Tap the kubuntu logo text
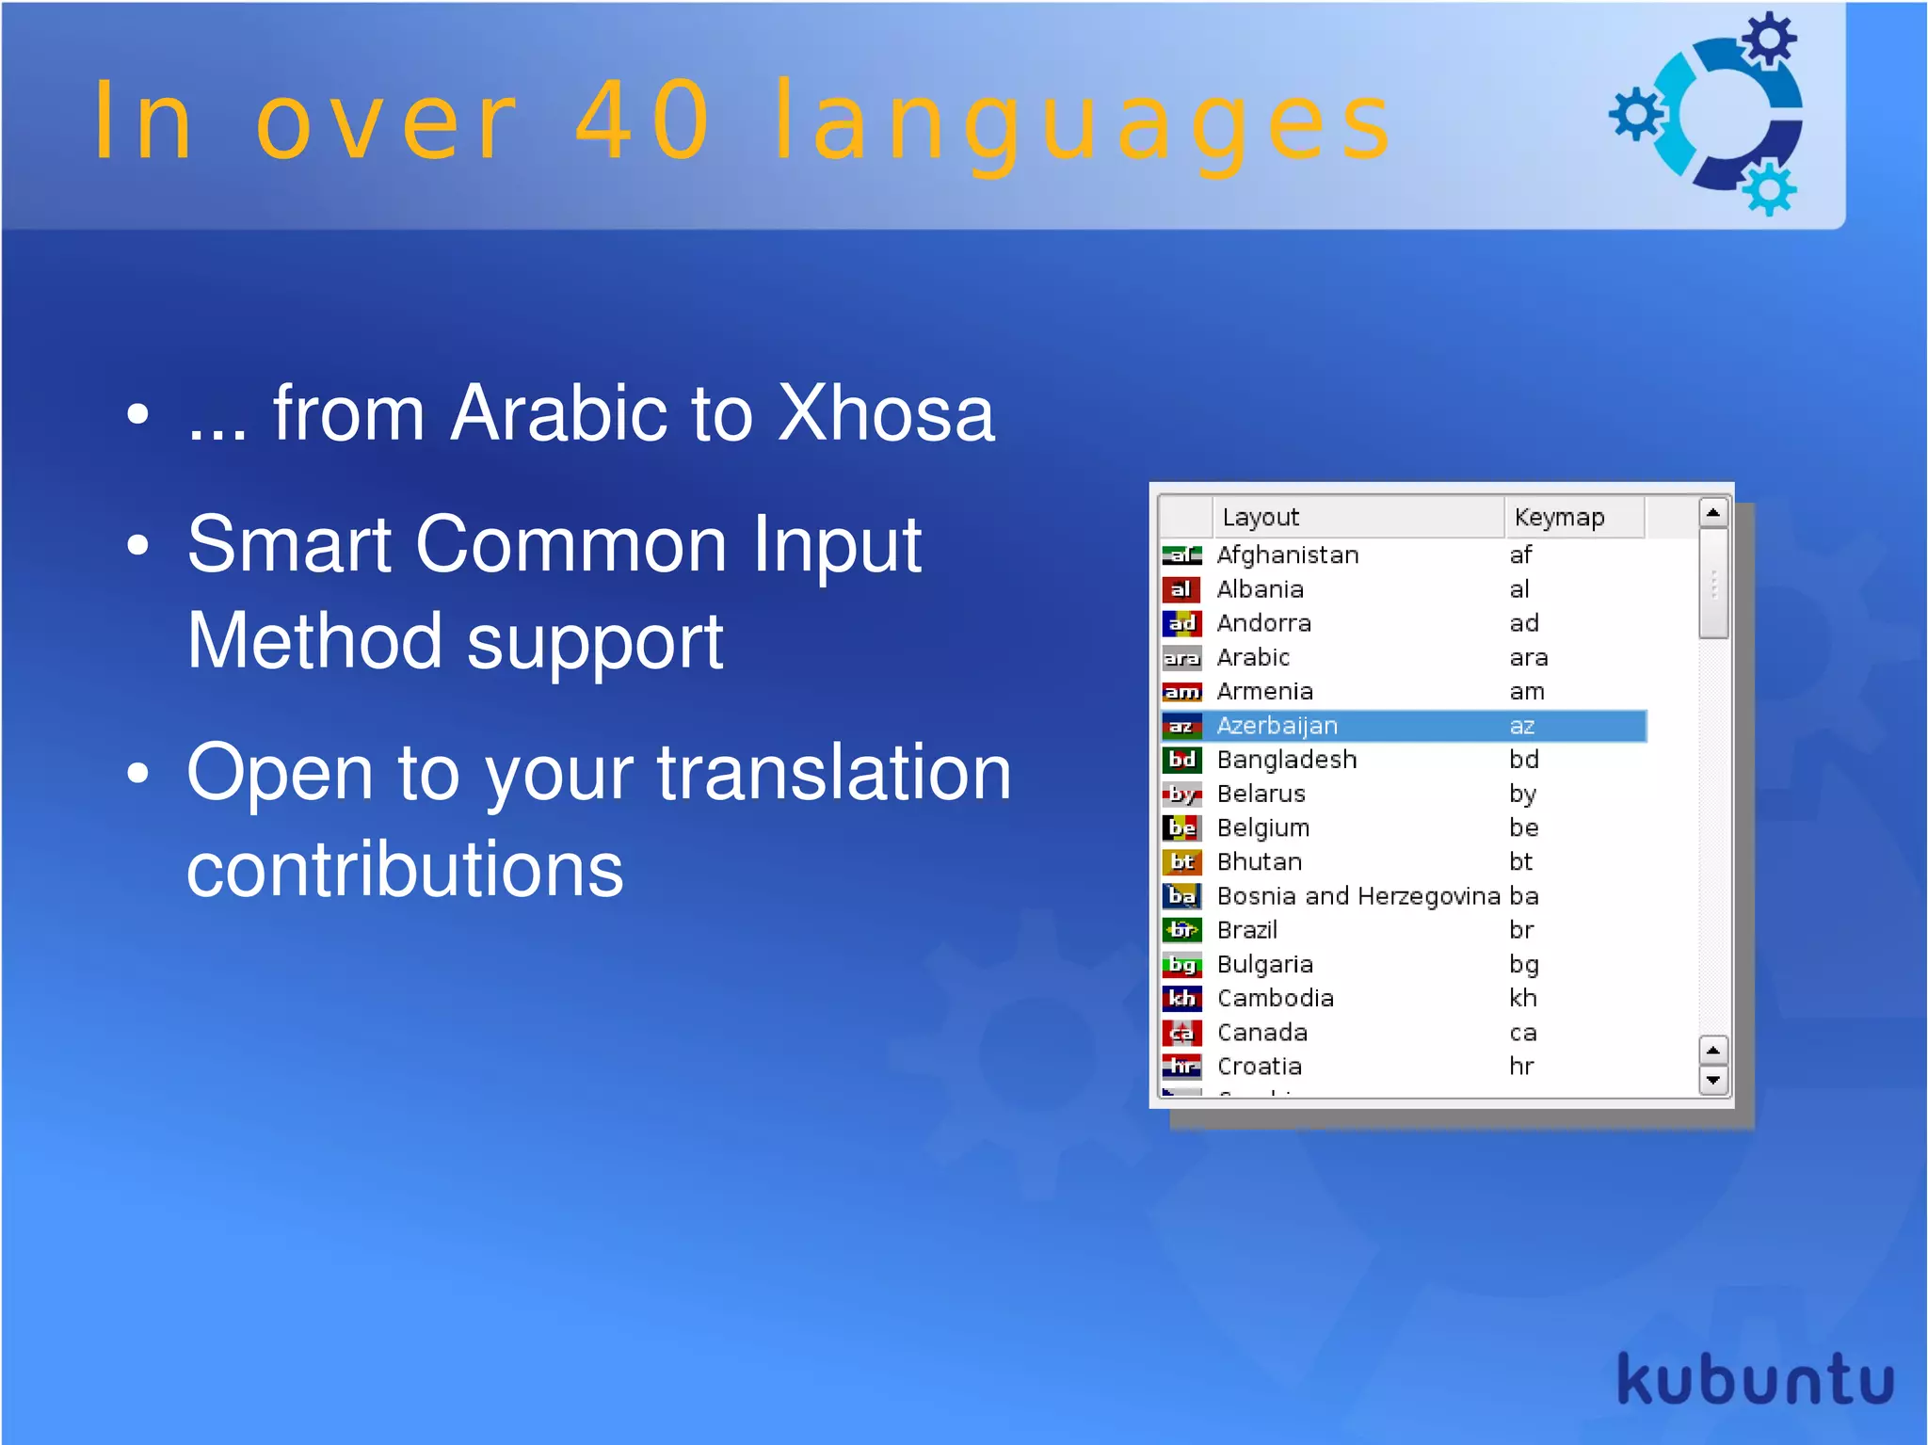(1754, 1380)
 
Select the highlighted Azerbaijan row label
(1276, 726)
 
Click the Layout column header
(1260, 517)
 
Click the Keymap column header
(1559, 517)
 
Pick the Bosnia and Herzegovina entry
(1358, 896)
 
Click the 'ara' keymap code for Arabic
(1528, 657)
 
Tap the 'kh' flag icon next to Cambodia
(1181, 998)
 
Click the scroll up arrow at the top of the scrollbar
(1712, 513)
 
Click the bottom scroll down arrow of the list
(1712, 1081)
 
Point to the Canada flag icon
(1181, 1033)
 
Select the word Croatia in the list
(1259, 1067)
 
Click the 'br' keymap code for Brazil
(1521, 930)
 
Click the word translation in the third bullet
(833, 774)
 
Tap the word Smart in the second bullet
(289, 545)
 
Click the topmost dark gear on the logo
(1768, 40)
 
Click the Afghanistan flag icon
(1181, 555)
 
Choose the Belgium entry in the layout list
(1262, 828)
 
